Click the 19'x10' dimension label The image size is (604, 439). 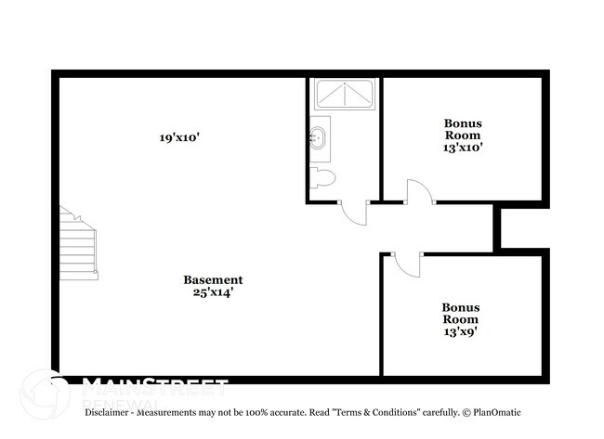(179, 137)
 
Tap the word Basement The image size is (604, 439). (213, 279)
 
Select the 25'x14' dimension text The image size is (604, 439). (213, 292)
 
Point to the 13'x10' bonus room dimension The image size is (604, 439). (463, 147)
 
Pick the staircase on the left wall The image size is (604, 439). (79, 243)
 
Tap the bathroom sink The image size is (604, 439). (318, 138)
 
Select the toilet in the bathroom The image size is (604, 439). (322, 178)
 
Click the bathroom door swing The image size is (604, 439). (353, 213)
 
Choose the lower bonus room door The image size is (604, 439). (405, 264)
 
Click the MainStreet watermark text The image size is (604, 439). (155, 384)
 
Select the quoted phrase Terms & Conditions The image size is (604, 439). (372, 412)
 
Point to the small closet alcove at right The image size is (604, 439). (520, 226)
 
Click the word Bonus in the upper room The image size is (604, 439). (463, 123)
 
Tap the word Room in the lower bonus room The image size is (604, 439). (460, 318)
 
